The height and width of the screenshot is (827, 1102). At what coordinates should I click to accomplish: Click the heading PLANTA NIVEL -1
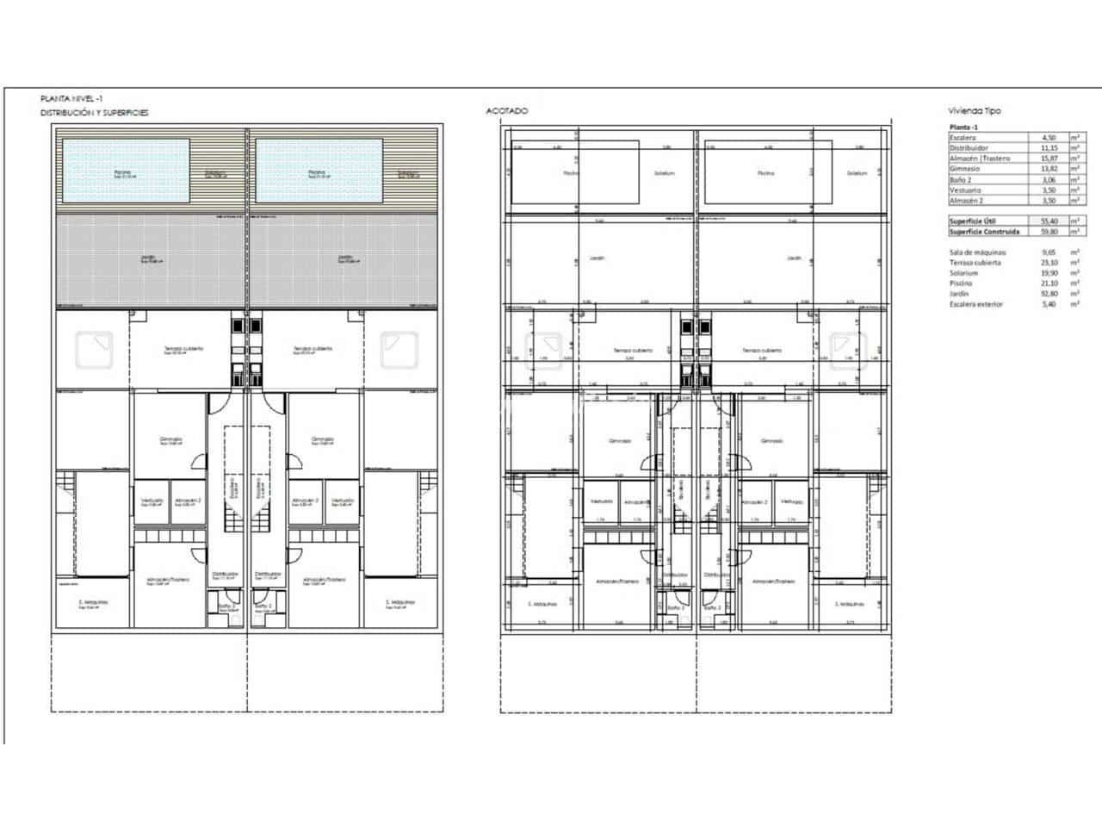pos(72,99)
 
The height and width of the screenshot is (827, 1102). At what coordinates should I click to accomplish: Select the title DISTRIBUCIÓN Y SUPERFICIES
pos(95,113)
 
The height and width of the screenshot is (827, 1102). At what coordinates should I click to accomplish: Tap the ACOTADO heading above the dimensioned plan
pos(507,111)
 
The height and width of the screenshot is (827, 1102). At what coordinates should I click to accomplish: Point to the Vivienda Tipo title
pos(974,111)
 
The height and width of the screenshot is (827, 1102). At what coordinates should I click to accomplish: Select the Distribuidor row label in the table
pos(969,148)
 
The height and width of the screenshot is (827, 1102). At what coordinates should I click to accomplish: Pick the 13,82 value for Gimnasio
pos(1049,169)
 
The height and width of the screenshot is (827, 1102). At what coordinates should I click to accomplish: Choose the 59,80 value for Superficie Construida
pos(1049,232)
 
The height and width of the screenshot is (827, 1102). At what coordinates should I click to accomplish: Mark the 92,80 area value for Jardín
pos(1049,294)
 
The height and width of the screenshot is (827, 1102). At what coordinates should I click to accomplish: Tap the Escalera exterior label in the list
pos(975,304)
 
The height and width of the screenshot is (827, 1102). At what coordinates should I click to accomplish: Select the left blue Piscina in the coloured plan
pos(124,173)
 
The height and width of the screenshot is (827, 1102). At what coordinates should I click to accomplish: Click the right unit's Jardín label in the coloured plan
pos(345,257)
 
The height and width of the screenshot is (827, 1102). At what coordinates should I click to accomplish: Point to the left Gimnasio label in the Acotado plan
pos(619,441)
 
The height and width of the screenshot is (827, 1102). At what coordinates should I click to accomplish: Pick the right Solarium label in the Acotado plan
pos(857,173)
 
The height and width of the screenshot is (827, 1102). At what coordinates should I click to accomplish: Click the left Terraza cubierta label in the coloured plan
pos(183,350)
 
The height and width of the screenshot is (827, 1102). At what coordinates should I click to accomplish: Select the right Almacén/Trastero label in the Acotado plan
pos(773,581)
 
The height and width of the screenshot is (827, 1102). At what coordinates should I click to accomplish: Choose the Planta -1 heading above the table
pos(963,127)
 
